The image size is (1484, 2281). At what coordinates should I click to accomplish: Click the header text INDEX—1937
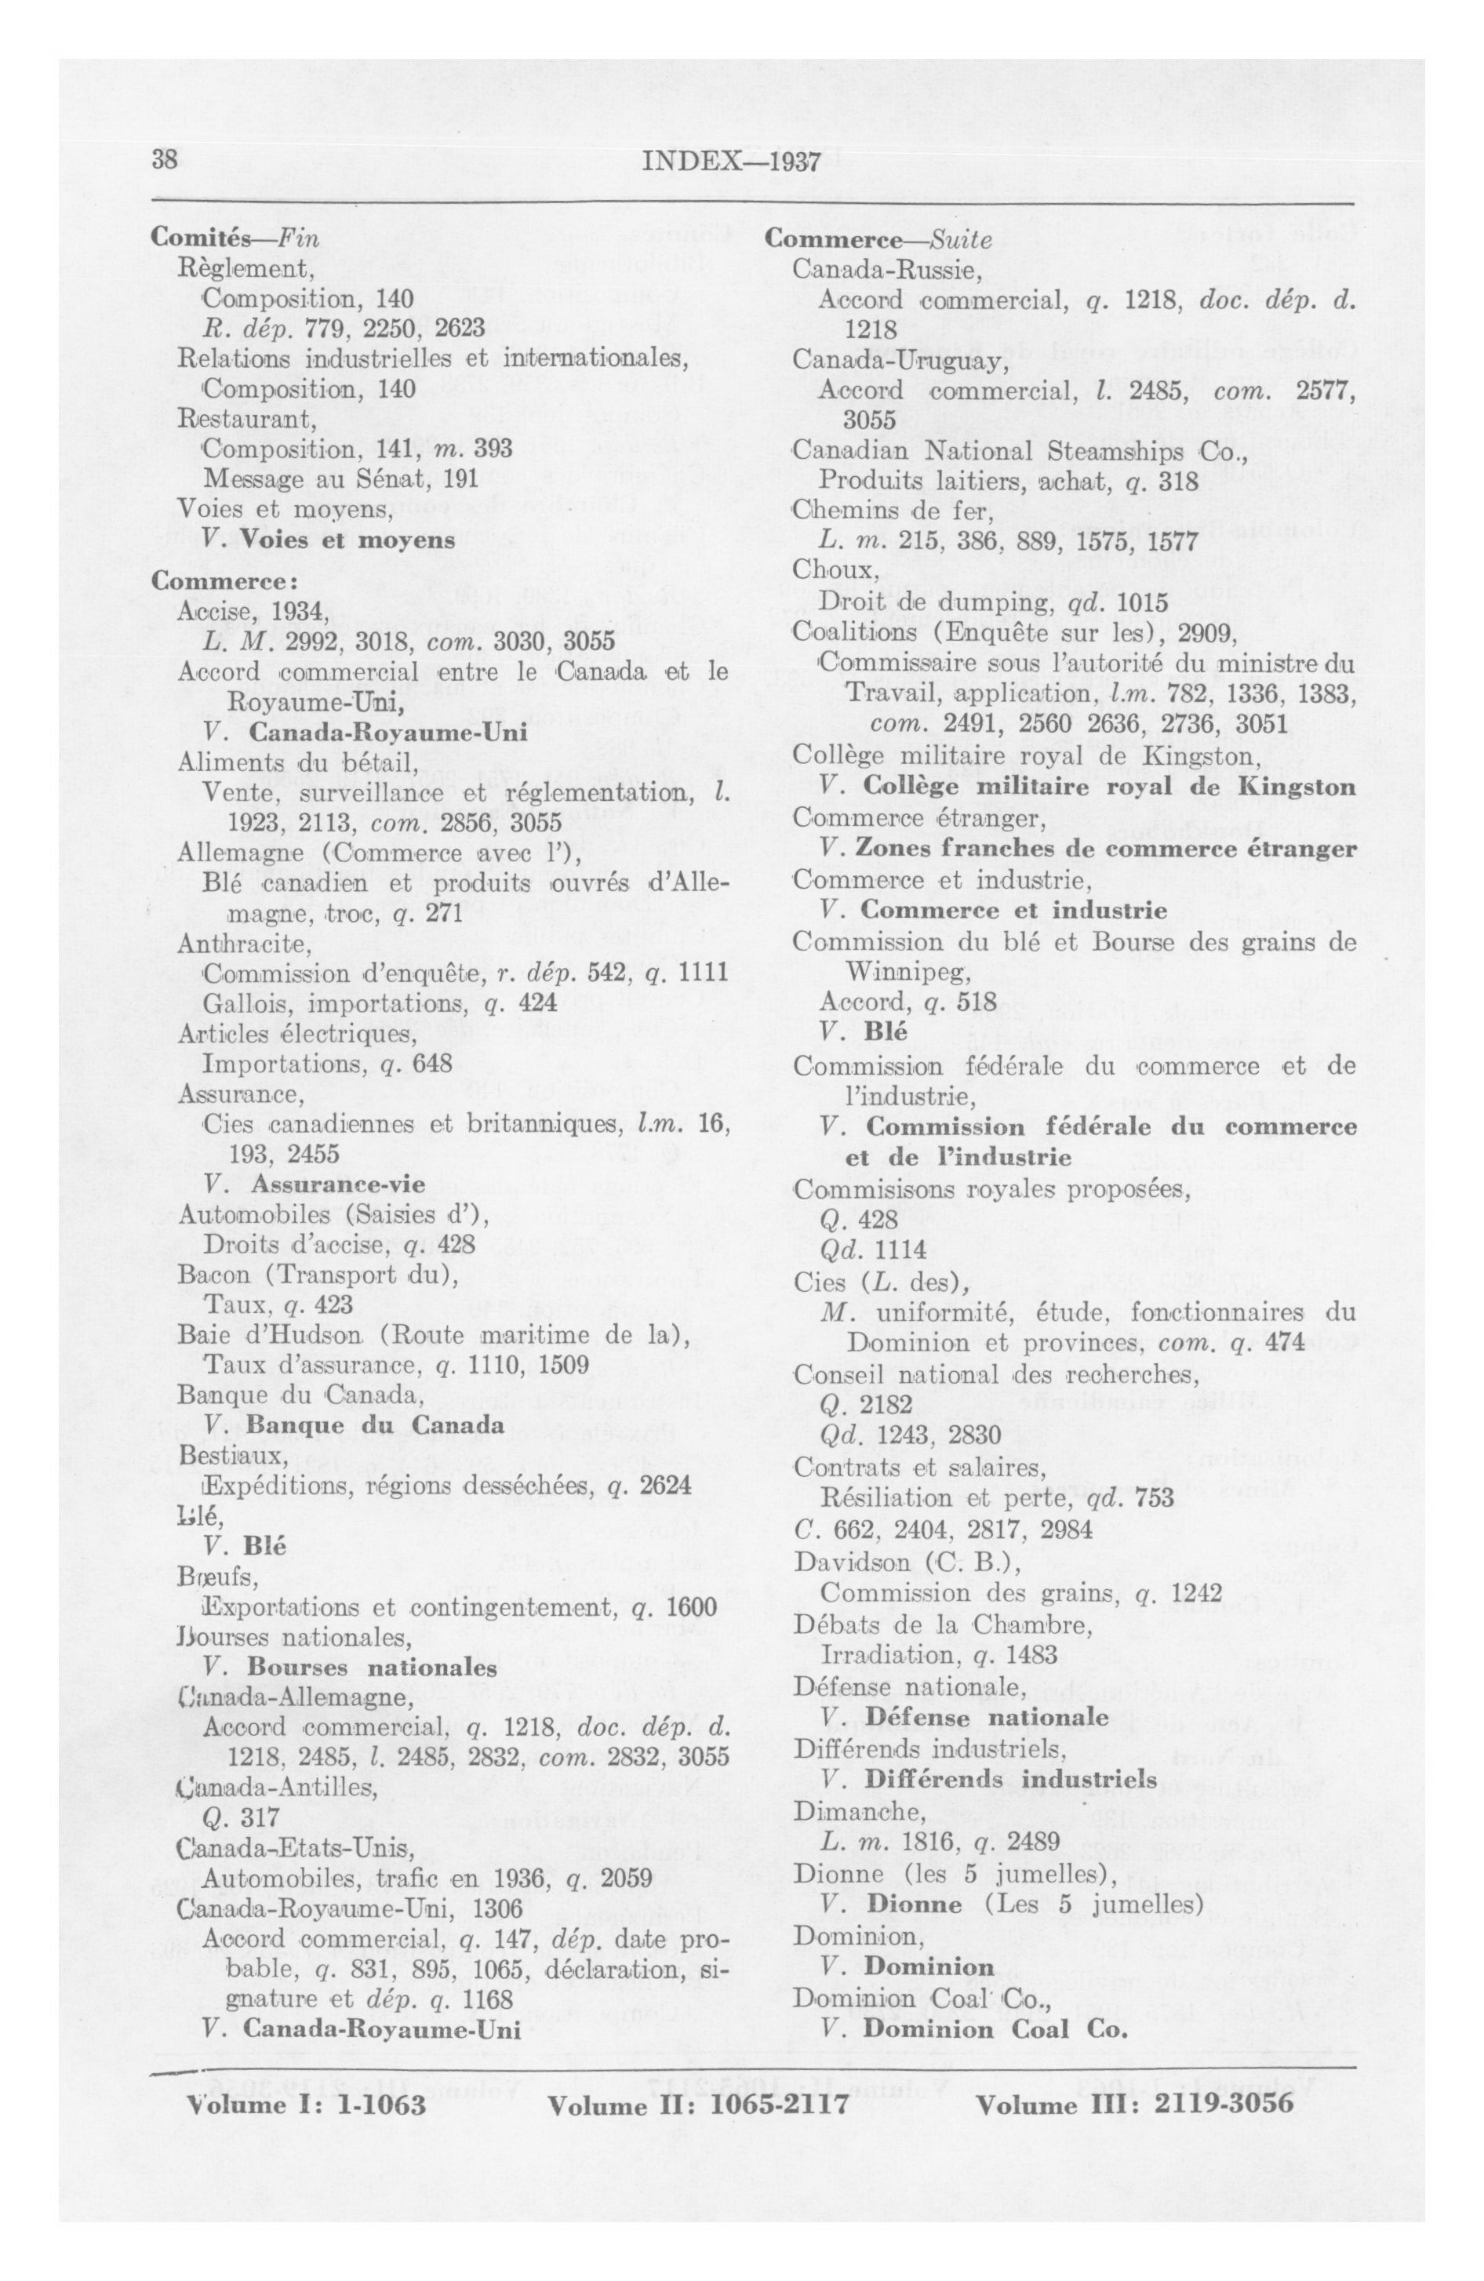coord(729,161)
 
